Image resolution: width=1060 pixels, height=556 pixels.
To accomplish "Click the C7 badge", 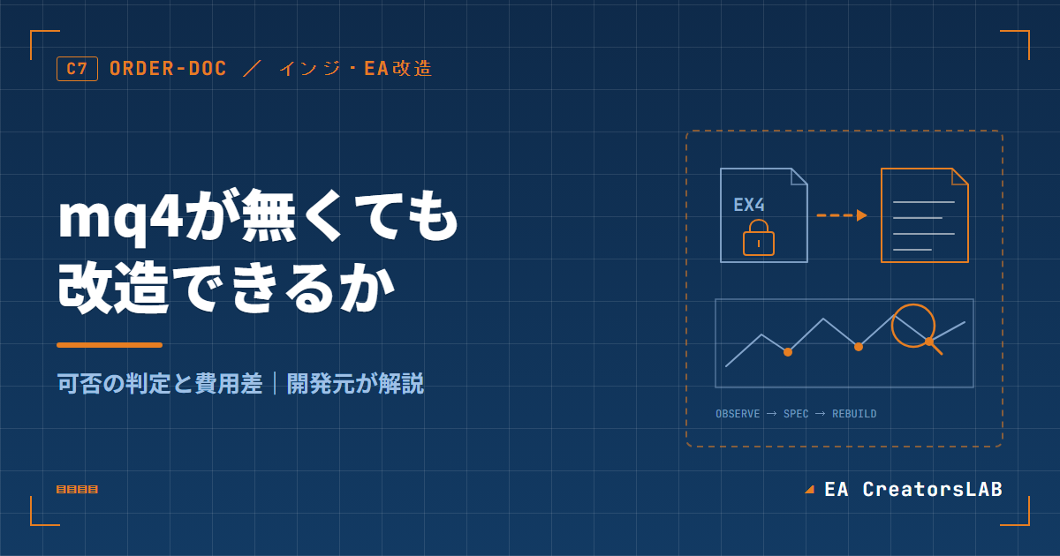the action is point(77,69).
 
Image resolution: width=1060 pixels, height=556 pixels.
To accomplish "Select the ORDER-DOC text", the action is point(168,69).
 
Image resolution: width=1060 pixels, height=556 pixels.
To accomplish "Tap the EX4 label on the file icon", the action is point(749,205).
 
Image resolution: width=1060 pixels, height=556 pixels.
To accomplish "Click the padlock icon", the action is point(759,237).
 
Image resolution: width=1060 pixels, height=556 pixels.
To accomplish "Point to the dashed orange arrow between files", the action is point(842,215).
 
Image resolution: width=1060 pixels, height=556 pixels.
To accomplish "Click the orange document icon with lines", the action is point(925,215).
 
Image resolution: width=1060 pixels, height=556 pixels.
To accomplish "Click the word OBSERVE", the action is point(738,414).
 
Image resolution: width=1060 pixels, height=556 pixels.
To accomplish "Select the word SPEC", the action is point(796,414).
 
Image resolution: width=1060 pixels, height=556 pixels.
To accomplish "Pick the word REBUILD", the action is point(854,414).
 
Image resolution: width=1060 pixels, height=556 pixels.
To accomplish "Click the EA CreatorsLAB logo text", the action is point(913,490).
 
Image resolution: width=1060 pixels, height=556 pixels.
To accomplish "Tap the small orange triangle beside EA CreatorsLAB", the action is point(810,490).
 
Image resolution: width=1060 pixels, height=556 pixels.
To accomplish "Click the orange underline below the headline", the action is point(110,345).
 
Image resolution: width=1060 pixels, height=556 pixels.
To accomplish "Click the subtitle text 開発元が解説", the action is point(355,383).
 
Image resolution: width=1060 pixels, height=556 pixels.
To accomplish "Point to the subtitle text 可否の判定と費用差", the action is point(160,383).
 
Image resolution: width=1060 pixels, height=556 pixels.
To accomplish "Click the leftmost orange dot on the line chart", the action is point(788,352).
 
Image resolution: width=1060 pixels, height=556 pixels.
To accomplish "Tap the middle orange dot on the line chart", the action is point(859,347).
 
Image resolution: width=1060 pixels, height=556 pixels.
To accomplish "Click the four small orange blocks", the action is point(77,489).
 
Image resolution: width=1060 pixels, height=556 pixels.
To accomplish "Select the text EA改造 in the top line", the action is point(398,69).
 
